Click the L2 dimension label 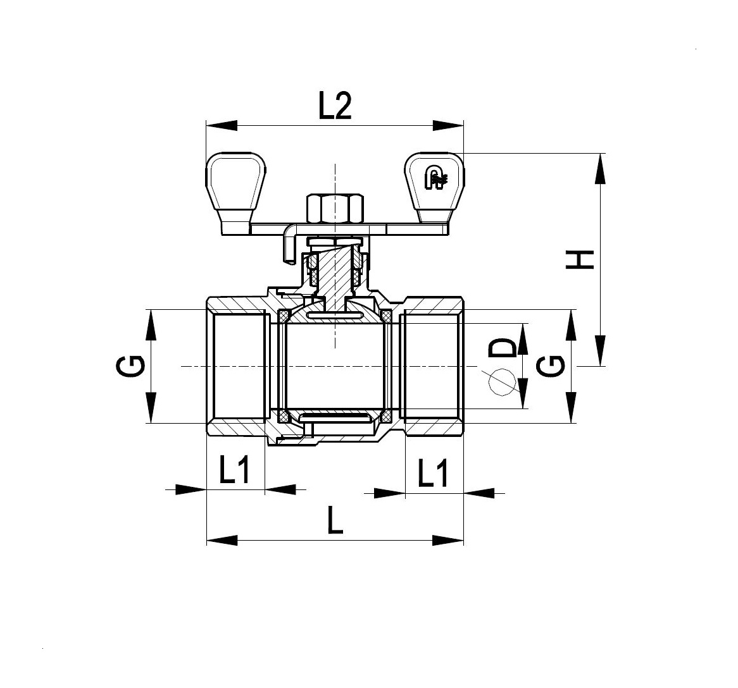335,106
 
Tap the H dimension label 580,260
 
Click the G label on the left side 129,366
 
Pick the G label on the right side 551,366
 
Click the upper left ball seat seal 284,316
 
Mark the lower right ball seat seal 386,416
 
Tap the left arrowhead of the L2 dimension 222,126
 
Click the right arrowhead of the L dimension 448,540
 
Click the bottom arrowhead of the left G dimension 151,408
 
